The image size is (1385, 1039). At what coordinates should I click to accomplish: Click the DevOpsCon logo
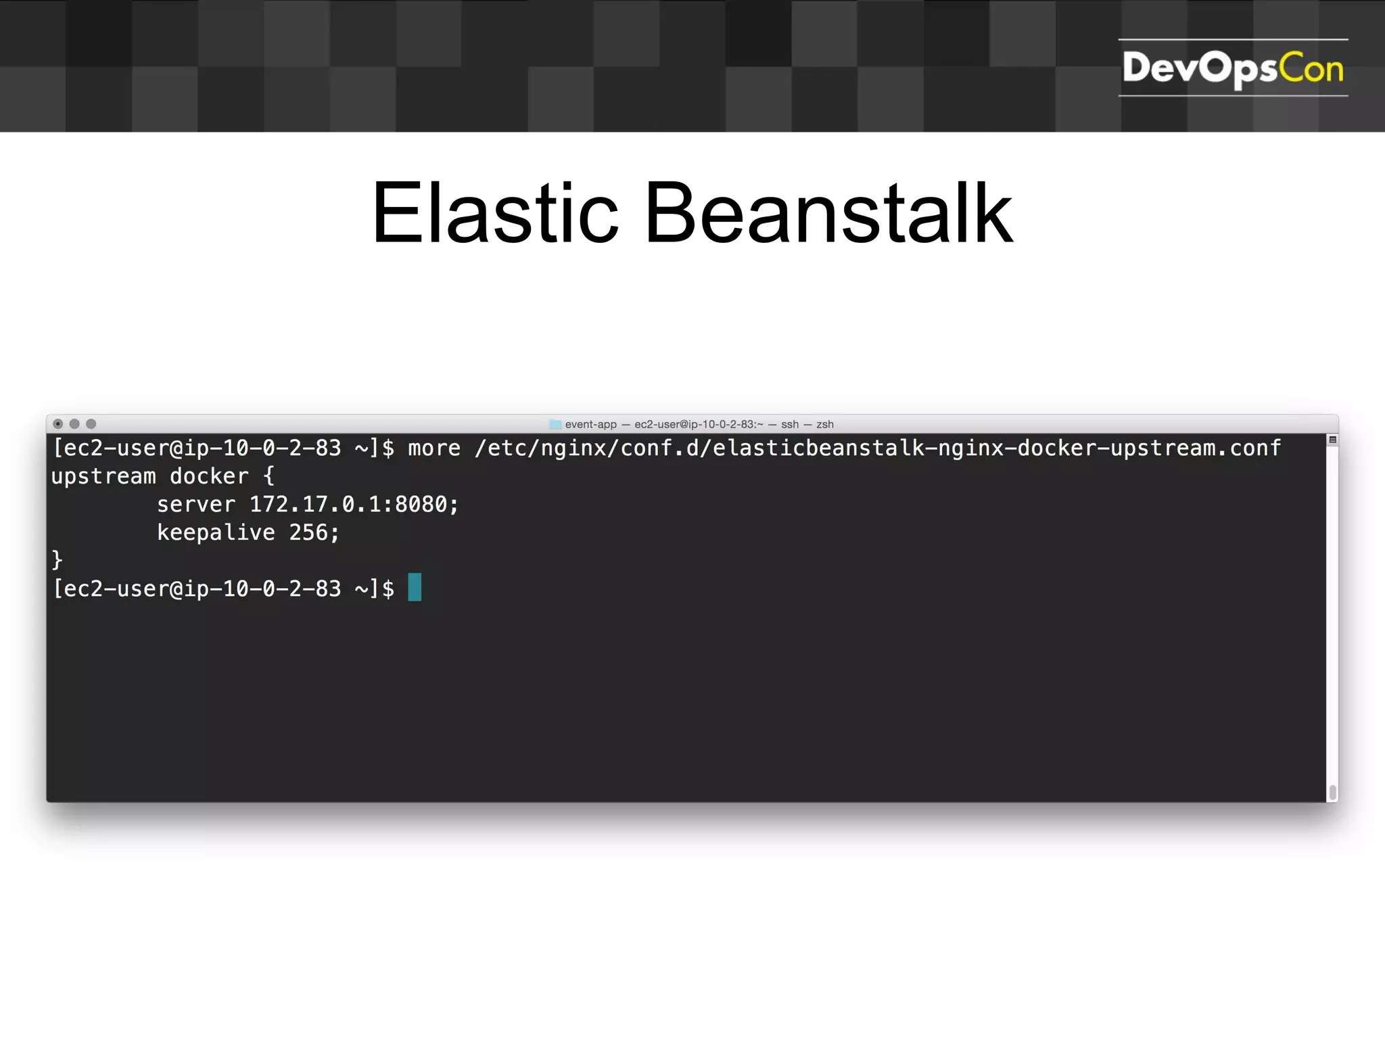(1232, 68)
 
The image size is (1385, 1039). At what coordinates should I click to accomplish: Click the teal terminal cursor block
(415, 587)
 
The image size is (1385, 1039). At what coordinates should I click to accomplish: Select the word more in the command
(433, 448)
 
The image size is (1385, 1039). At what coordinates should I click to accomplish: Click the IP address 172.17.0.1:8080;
(354, 505)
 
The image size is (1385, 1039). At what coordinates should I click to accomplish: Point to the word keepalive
(216, 533)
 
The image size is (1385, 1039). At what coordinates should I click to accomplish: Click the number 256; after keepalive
(314, 533)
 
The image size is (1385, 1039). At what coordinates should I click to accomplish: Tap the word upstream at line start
(103, 477)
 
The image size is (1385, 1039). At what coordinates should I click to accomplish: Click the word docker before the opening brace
(209, 477)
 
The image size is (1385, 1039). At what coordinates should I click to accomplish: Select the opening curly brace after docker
(268, 477)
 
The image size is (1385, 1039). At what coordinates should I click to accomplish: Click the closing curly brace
(57, 560)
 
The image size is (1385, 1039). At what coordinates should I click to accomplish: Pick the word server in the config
(196, 505)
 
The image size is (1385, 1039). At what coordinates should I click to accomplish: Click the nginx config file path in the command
(877, 448)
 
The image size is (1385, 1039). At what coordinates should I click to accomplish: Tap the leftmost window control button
(58, 424)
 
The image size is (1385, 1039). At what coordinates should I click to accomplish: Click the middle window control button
(74, 424)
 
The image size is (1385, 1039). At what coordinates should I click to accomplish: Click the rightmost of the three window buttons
(91, 424)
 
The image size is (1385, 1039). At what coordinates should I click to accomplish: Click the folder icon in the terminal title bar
(555, 425)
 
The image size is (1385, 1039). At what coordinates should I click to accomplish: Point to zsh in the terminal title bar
(824, 425)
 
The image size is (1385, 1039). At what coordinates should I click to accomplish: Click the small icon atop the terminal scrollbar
(1332, 440)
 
